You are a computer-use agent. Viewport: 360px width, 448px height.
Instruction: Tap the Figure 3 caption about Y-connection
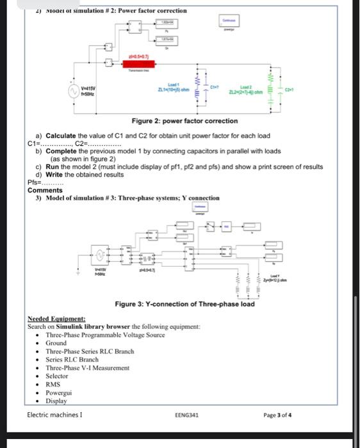coord(184,303)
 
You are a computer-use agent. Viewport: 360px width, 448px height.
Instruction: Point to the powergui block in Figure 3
coord(201,209)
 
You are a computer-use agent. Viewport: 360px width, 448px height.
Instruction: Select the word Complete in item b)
coord(61,151)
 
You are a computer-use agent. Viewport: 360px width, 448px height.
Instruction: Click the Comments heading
coord(45,190)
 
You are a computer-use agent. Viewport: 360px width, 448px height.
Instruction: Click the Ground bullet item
coord(56,343)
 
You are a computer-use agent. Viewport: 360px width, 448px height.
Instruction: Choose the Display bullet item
coord(56,401)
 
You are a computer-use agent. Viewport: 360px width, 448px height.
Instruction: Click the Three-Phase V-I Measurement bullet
coord(88,368)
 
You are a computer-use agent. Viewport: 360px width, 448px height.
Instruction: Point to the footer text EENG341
coord(186,415)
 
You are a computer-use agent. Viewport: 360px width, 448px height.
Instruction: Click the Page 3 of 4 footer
coord(277,415)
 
